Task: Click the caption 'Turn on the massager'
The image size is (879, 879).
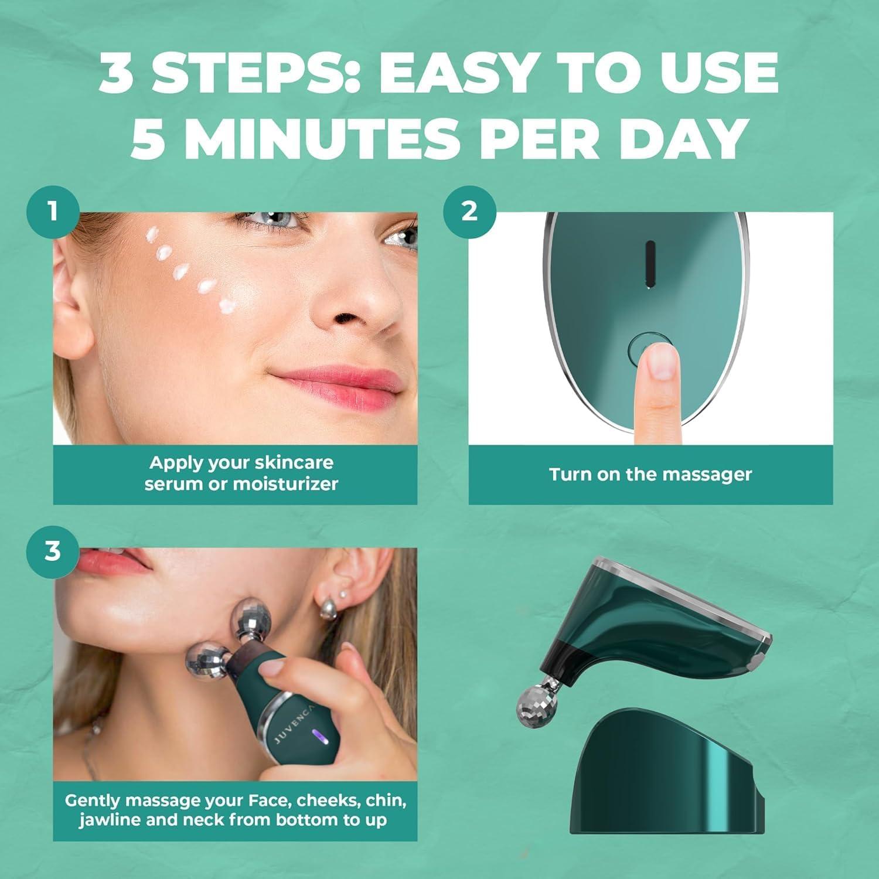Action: (650, 474)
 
